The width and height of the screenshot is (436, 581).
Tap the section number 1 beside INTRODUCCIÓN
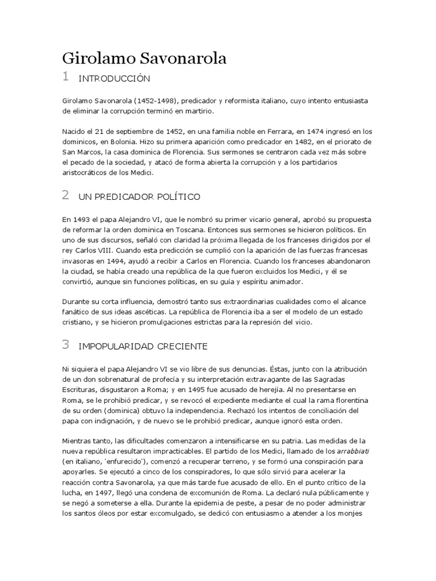pos(66,77)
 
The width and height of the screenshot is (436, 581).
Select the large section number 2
pos(66,196)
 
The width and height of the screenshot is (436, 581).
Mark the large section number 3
pos(66,344)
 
